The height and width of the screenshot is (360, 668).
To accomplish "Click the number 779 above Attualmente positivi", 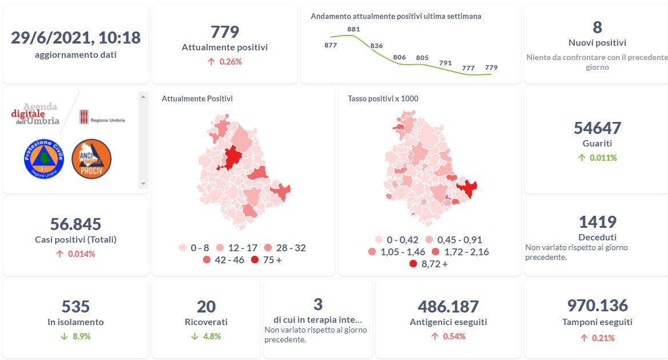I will click(x=225, y=31).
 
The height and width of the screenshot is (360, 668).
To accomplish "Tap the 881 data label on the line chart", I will click(x=353, y=29).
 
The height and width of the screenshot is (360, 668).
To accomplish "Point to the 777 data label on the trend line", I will click(x=468, y=68).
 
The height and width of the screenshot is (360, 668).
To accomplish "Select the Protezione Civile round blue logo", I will click(x=44, y=158).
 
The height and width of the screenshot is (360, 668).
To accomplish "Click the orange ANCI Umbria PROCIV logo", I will click(x=92, y=158).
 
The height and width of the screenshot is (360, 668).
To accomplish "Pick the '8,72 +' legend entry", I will click(x=428, y=264).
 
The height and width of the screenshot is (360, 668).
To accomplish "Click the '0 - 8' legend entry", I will click(x=194, y=248).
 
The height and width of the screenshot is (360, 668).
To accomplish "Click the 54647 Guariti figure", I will click(x=597, y=128).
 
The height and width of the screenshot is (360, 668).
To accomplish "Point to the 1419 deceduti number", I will click(x=597, y=221).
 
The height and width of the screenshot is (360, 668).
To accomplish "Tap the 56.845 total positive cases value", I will click(x=75, y=224).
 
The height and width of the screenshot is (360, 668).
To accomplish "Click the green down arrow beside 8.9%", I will click(x=65, y=336).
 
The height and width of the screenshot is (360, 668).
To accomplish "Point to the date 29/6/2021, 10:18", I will click(x=75, y=37).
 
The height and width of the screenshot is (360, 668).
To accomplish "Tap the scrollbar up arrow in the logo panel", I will click(x=143, y=96).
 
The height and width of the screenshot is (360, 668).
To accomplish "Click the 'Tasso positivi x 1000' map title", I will click(x=383, y=98).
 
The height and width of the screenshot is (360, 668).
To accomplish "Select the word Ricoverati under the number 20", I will click(x=206, y=322).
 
